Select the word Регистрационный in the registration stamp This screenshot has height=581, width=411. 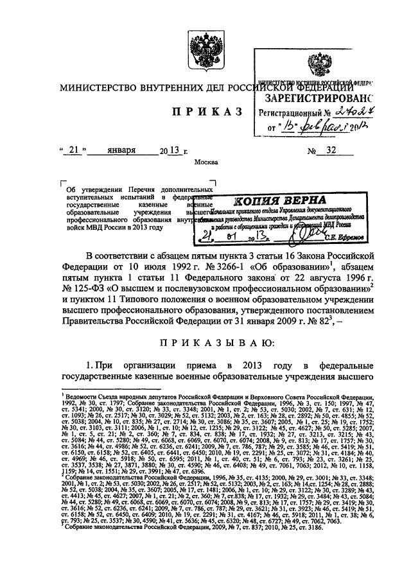pyautogui.click(x=291, y=114)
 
